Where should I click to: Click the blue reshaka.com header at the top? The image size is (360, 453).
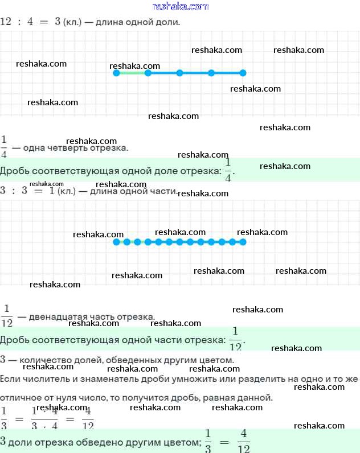(x=181, y=7)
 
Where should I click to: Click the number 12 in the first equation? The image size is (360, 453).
(x=6, y=22)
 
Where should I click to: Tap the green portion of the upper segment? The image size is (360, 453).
(x=132, y=73)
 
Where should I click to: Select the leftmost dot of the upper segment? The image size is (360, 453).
(x=116, y=73)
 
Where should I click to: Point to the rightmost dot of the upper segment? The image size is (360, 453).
(x=243, y=73)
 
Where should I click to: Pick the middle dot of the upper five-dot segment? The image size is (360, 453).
(x=179, y=73)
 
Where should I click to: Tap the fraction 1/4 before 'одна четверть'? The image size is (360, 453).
(x=4, y=146)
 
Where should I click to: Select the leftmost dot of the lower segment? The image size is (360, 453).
(x=116, y=242)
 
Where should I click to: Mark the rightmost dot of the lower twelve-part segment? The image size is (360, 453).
(x=243, y=242)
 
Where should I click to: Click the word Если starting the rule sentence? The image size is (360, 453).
(x=10, y=378)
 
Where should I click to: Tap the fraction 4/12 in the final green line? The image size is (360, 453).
(x=243, y=440)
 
